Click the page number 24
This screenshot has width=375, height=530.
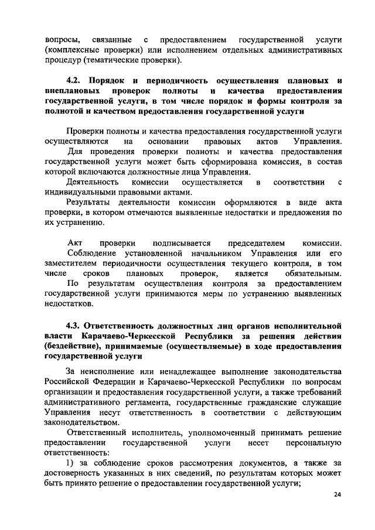click(337, 495)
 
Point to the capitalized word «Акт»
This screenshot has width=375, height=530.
click(76, 242)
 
